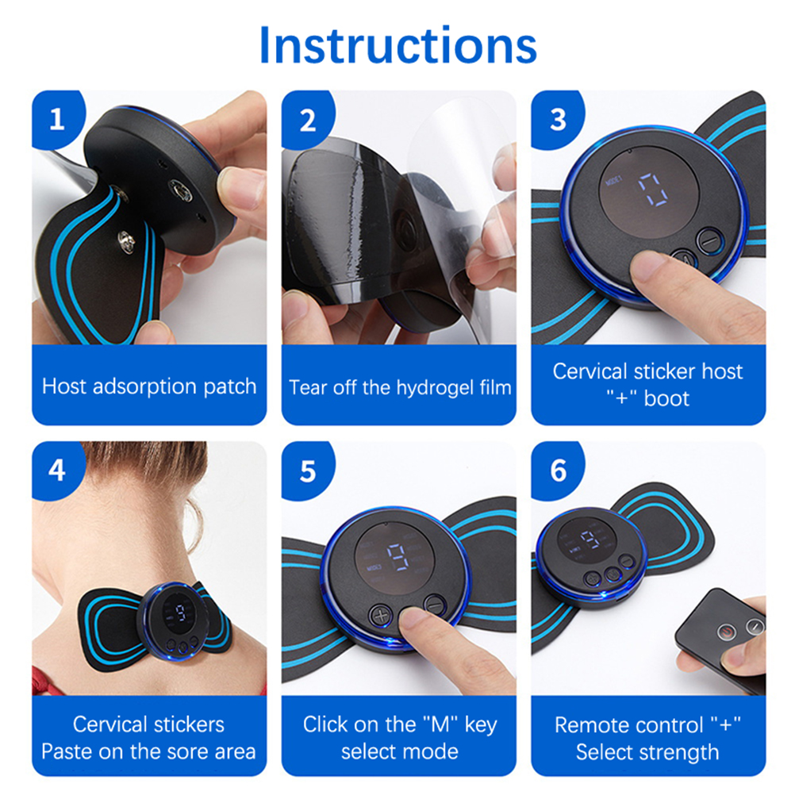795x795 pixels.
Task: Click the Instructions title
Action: coord(397,46)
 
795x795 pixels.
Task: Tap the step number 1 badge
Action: coord(57,119)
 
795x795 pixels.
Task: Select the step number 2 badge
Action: coord(307,120)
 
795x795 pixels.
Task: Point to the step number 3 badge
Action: coord(557,120)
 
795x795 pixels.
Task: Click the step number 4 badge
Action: coord(57,470)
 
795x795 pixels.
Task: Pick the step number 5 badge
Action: coord(307,471)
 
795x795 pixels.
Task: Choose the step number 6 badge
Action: coord(558,470)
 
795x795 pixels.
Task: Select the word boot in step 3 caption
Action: coord(666,398)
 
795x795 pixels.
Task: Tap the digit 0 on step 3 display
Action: coord(652,189)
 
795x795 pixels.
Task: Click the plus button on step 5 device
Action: coord(380,616)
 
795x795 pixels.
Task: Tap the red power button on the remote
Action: coord(727,632)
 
